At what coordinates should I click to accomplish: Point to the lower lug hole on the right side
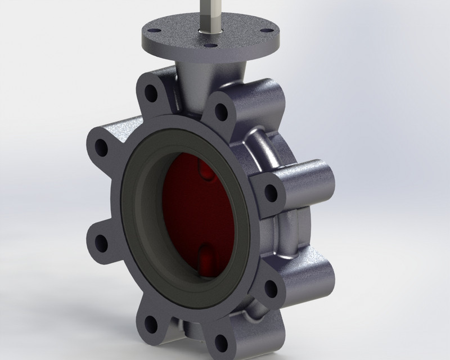pyautogui.click(x=271, y=287)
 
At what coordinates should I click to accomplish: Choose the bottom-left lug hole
pyautogui.click(x=151, y=322)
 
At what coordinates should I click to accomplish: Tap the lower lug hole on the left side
pyautogui.click(x=101, y=242)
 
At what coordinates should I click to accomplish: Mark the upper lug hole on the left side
pyautogui.click(x=101, y=147)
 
